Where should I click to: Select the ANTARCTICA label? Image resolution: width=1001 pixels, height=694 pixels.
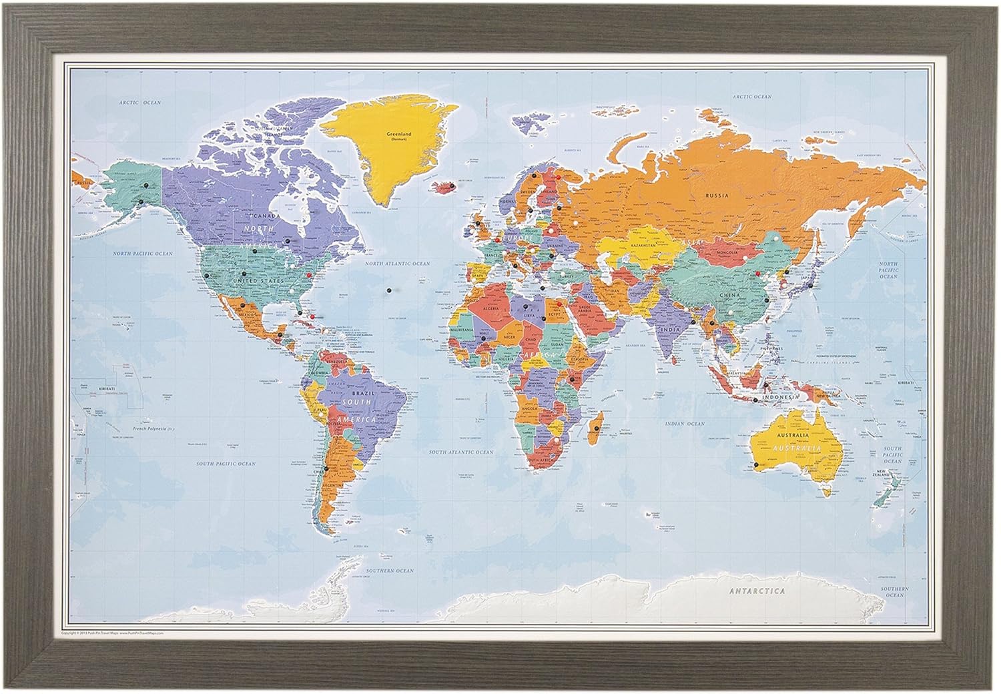pyautogui.click(x=756, y=591)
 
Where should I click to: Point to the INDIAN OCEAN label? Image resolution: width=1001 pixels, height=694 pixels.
pyautogui.click(x=684, y=424)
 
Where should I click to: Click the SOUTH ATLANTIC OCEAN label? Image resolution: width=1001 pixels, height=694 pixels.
pyautogui.click(x=461, y=452)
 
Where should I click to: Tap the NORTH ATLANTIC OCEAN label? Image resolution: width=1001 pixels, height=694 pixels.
pyautogui.click(x=397, y=264)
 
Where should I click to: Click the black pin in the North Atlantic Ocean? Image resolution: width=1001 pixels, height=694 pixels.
pyautogui.click(x=388, y=290)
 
